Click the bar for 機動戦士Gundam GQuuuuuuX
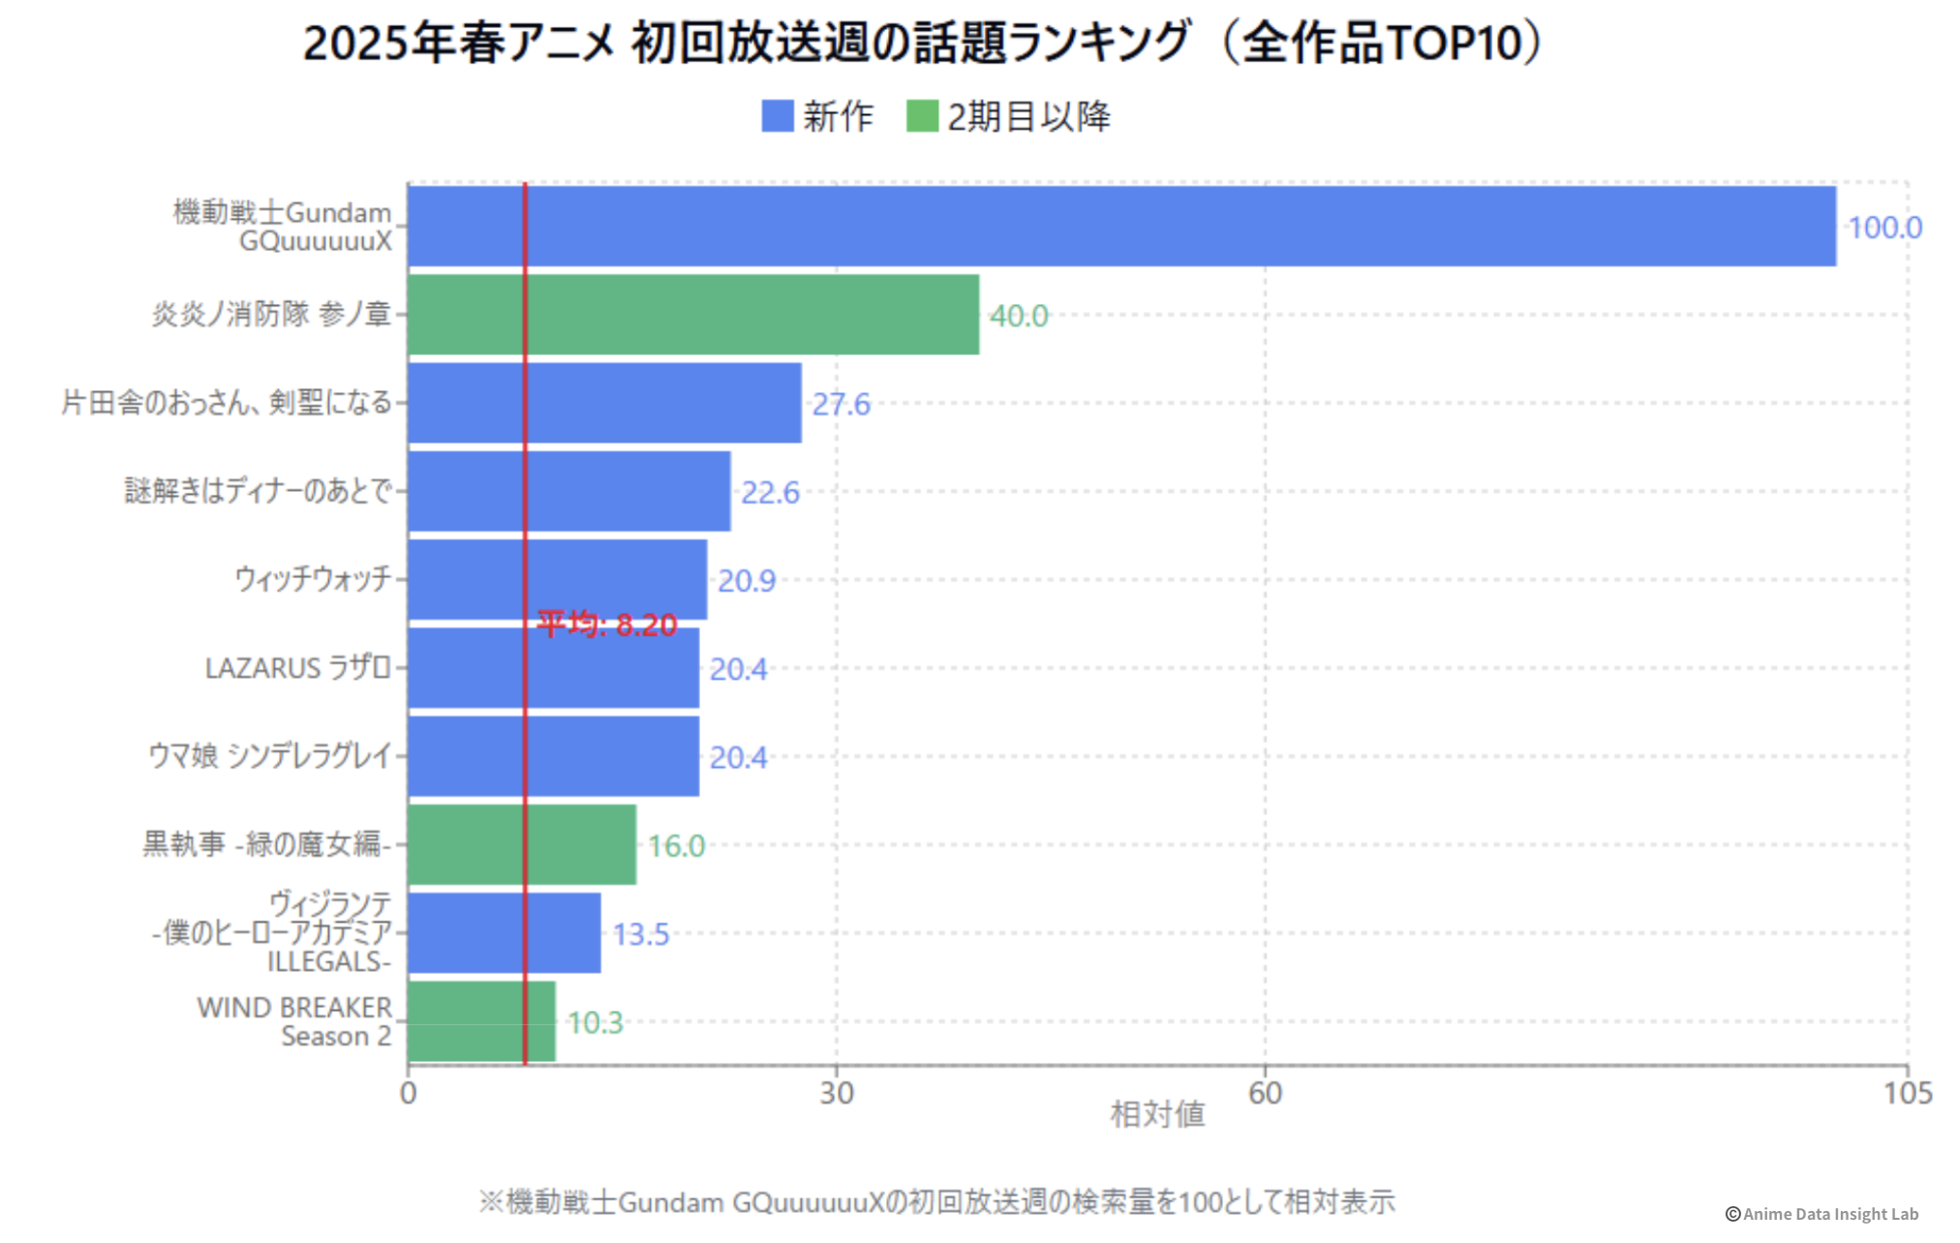pyautogui.click(x=1121, y=226)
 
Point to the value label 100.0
pyautogui.click(x=1883, y=227)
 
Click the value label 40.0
pyautogui.click(x=1019, y=316)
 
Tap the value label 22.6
pyautogui.click(x=770, y=493)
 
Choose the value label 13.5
pyautogui.click(x=640, y=934)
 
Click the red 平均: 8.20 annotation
pyautogui.click(x=607, y=624)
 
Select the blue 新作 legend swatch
pyautogui.click(x=778, y=116)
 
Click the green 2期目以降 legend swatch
pyautogui.click(x=922, y=116)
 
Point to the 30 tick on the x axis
pyautogui.click(x=837, y=1093)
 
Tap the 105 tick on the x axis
pyautogui.click(x=1907, y=1093)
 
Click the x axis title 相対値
pyautogui.click(x=1157, y=1114)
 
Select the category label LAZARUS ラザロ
pyautogui.click(x=298, y=668)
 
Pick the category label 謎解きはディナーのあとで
pyautogui.click(x=259, y=491)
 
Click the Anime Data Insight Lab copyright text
pyautogui.click(x=1822, y=1214)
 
